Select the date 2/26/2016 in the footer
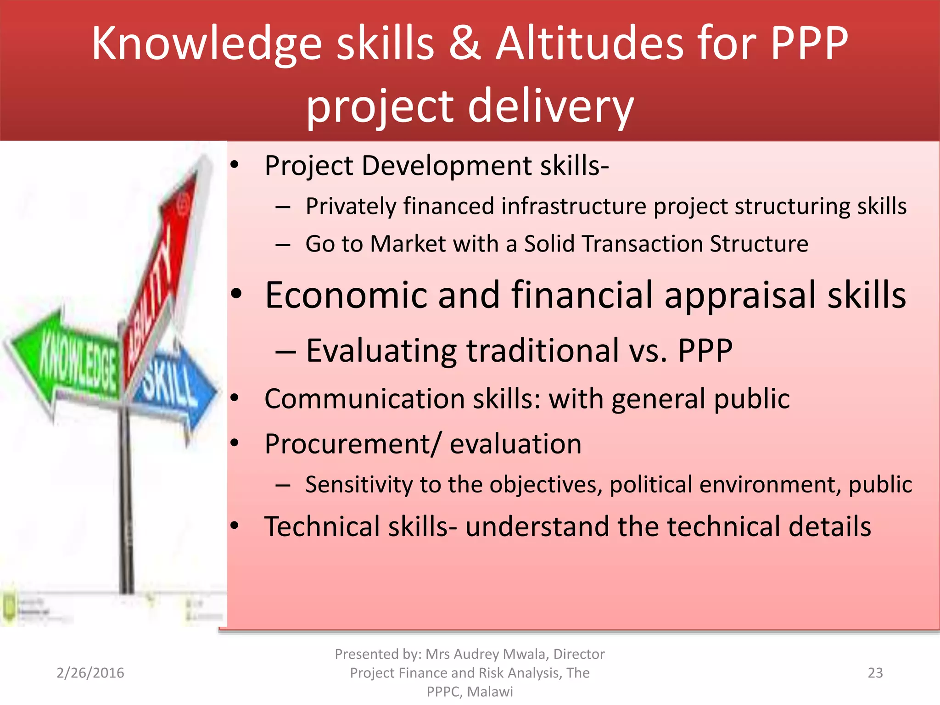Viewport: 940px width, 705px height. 90,673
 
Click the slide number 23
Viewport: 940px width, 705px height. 875,673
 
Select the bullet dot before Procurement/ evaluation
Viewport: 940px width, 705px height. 235,443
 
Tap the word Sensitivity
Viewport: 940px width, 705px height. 358,485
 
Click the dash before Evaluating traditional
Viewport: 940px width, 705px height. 285,351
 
